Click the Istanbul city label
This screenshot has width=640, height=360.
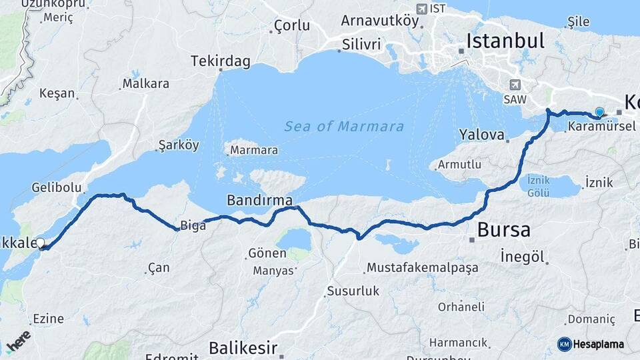pyautogui.click(x=505, y=41)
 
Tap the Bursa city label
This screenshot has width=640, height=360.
pyautogui.click(x=504, y=231)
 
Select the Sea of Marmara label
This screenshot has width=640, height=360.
pyautogui.click(x=344, y=126)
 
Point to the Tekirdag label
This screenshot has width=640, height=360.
pyautogui.click(x=221, y=62)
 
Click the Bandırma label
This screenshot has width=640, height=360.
pyautogui.click(x=259, y=200)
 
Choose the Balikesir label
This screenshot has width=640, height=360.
pyautogui.click(x=243, y=347)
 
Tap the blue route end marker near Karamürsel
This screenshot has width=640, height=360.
pyautogui.click(x=599, y=113)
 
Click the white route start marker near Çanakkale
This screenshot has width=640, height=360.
pyautogui.click(x=41, y=244)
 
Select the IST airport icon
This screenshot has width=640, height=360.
pyautogui.click(x=421, y=9)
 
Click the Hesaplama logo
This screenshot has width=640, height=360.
pyautogui.click(x=591, y=344)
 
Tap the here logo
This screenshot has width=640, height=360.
pyautogui.click(x=18, y=341)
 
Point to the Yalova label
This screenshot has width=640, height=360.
pyautogui.click(x=481, y=135)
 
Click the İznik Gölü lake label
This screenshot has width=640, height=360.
pyautogui.click(x=538, y=186)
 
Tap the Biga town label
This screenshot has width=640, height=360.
pyautogui.click(x=193, y=225)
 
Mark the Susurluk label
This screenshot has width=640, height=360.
pyautogui.click(x=353, y=291)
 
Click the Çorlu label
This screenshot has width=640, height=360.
pyautogui.click(x=292, y=25)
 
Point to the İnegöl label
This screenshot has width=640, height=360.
pyautogui.click(x=523, y=256)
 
